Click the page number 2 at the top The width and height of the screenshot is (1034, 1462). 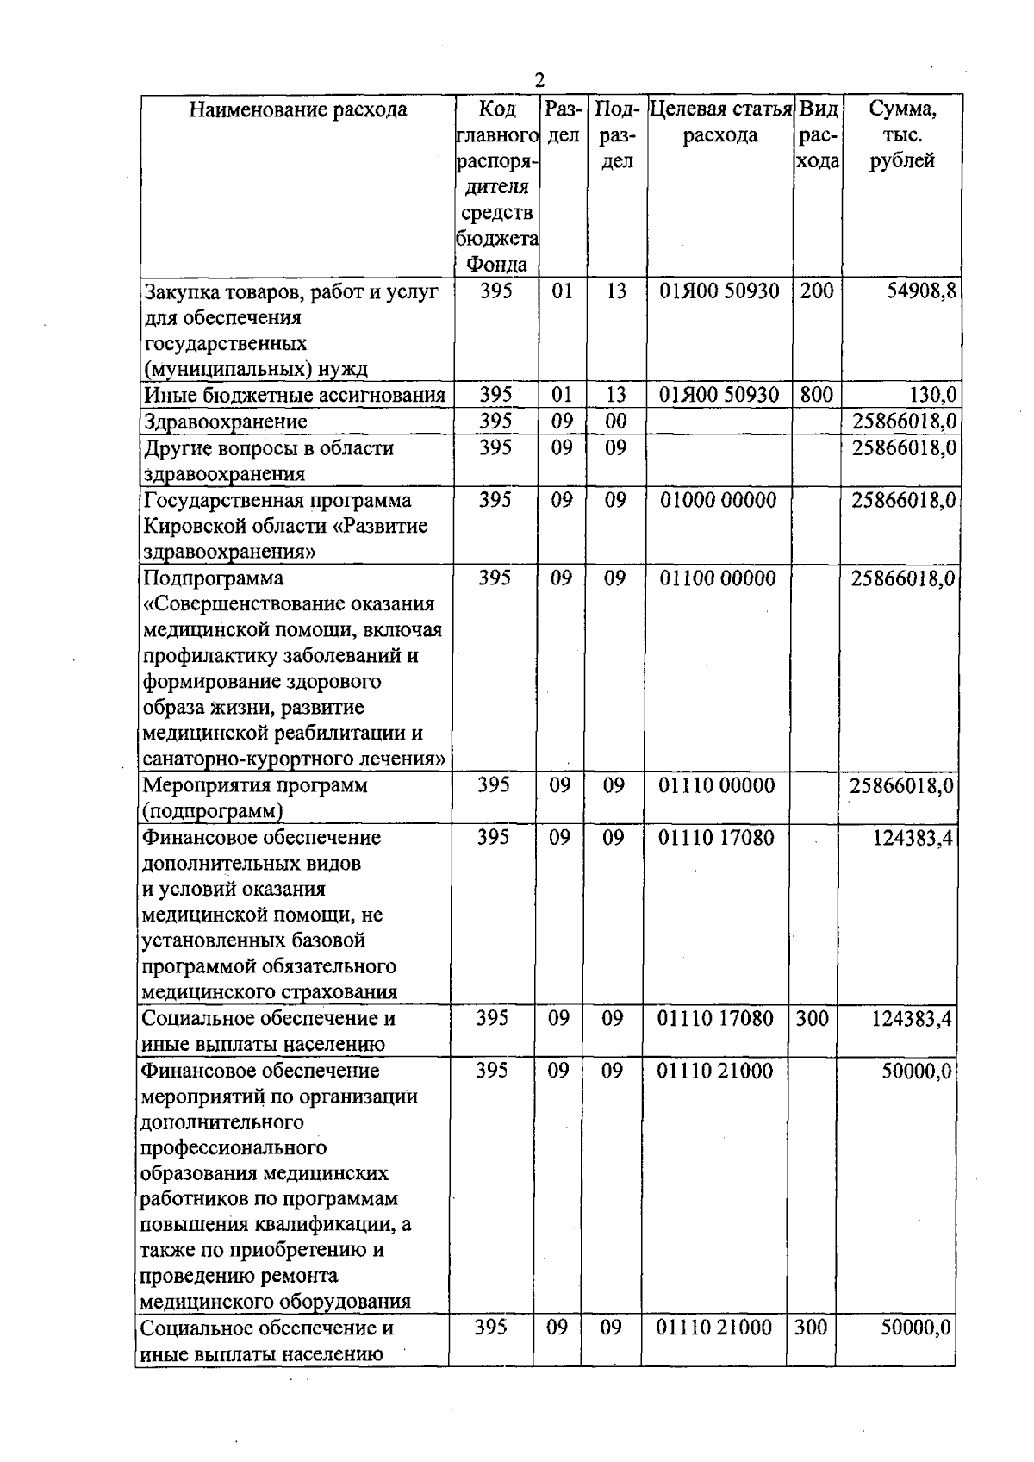539,80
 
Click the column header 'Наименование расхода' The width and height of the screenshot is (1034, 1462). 298,110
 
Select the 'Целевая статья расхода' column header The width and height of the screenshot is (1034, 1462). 720,122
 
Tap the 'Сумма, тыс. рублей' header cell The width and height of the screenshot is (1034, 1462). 901,135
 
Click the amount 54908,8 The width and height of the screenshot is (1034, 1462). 921,291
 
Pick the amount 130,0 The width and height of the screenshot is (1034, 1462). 932,396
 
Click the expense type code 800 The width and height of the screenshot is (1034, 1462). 816,395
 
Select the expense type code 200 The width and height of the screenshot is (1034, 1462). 816,291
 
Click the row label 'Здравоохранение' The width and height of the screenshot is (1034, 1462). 226,422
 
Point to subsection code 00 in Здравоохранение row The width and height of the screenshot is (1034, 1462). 615,422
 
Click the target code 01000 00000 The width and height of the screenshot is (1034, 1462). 718,500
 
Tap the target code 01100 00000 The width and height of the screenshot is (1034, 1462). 718,578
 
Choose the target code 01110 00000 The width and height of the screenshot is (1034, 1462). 717,785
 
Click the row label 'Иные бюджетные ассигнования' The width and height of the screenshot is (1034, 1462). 295,396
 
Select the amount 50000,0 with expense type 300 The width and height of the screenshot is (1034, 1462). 915,1328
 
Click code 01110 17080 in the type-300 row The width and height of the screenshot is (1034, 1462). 715,1019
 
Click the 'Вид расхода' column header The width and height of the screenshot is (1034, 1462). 817,135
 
